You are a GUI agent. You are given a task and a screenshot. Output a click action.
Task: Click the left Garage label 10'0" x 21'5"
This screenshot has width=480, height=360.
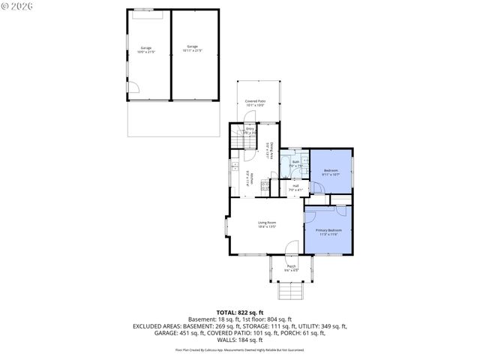(145, 49)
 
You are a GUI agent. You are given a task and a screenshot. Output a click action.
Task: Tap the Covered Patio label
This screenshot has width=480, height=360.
(256, 103)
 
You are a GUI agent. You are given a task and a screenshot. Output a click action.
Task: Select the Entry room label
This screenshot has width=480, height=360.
(250, 130)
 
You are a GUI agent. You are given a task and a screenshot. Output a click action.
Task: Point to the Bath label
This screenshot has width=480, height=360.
(295, 163)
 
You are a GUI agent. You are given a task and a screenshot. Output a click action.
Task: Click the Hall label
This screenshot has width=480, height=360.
(295, 187)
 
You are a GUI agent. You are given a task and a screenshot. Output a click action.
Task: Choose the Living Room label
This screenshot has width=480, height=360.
(267, 224)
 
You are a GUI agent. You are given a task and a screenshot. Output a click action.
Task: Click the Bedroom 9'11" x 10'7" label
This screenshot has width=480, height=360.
(331, 172)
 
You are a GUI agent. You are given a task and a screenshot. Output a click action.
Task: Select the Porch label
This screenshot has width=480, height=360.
(291, 268)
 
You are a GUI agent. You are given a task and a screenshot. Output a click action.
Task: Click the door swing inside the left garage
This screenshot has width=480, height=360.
(132, 88)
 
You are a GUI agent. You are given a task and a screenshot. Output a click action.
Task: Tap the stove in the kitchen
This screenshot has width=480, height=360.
(265, 186)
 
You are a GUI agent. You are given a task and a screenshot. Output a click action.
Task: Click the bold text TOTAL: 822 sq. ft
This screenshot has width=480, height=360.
(239, 312)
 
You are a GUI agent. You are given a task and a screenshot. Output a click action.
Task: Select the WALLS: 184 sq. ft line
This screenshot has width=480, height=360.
(239, 340)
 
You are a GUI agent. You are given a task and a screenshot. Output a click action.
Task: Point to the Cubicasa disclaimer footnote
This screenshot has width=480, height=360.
(239, 349)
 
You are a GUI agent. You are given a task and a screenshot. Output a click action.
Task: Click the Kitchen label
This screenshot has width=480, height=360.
(251, 178)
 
